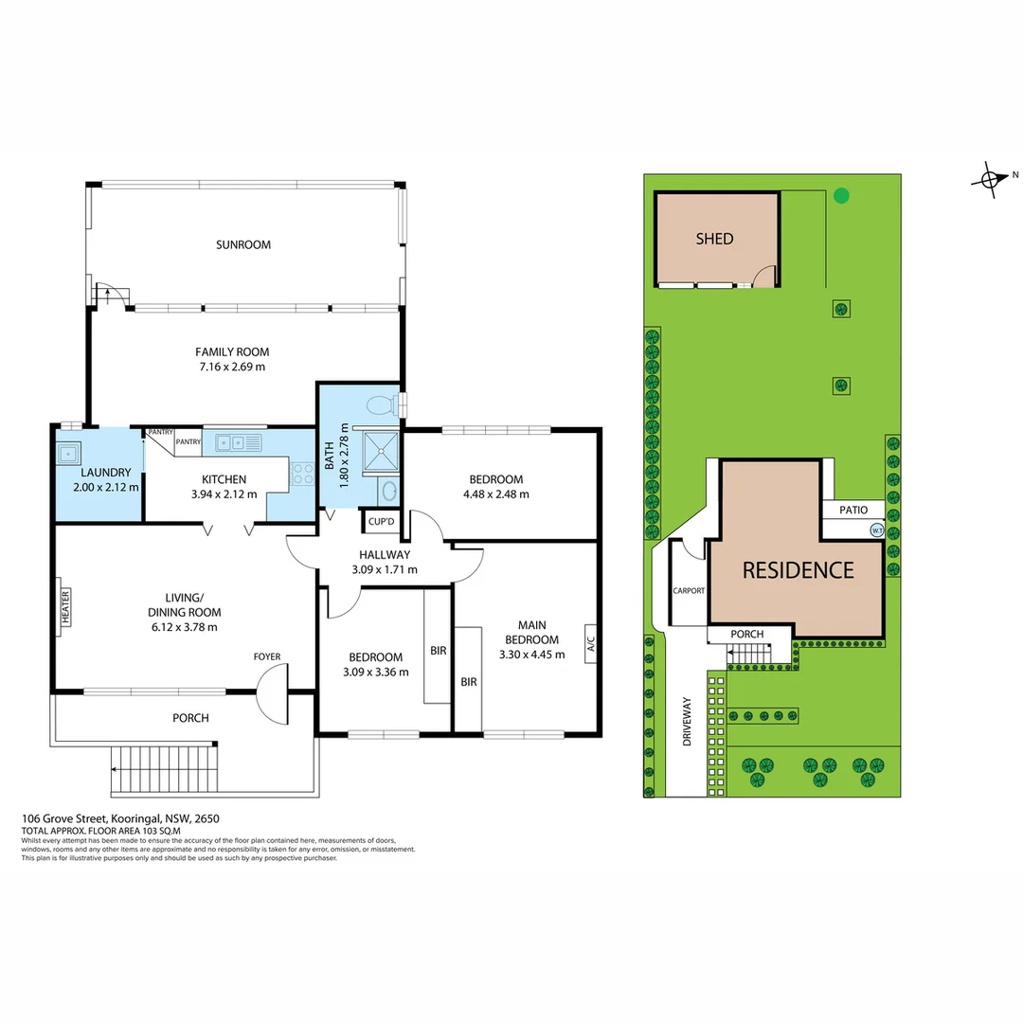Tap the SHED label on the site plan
point(714,239)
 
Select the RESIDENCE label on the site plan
point(798,570)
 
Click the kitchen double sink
point(232,441)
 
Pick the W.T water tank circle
point(876,530)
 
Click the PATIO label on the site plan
point(852,511)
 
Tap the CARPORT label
point(689,590)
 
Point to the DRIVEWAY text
point(688,723)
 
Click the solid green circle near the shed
point(840,196)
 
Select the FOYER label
point(266,656)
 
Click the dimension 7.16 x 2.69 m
point(232,367)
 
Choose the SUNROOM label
point(243,244)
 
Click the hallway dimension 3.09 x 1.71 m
point(384,569)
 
